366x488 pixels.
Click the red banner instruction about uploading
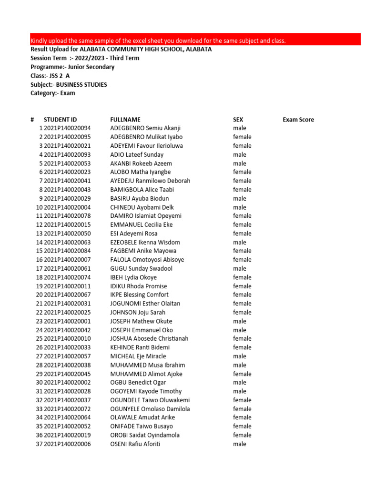(x=158, y=41)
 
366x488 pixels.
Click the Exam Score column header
(x=298, y=120)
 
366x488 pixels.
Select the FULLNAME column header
(x=125, y=120)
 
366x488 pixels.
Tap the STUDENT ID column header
(x=60, y=120)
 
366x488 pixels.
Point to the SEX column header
(x=238, y=120)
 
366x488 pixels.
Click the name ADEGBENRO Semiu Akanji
(x=145, y=128)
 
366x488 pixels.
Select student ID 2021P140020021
(x=67, y=146)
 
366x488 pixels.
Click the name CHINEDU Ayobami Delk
(x=142, y=207)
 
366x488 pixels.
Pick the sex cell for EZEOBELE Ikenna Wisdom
(x=240, y=242)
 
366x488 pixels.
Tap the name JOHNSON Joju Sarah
(x=138, y=312)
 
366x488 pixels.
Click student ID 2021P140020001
(x=67, y=321)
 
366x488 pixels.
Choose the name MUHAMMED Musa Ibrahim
(x=148, y=365)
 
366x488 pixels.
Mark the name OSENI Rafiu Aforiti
(x=135, y=444)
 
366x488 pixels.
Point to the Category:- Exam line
(x=53, y=93)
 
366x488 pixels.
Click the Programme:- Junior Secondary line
(x=72, y=67)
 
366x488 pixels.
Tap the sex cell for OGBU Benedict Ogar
(x=240, y=383)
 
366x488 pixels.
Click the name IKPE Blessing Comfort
(x=139, y=295)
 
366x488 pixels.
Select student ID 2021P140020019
(x=67, y=435)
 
